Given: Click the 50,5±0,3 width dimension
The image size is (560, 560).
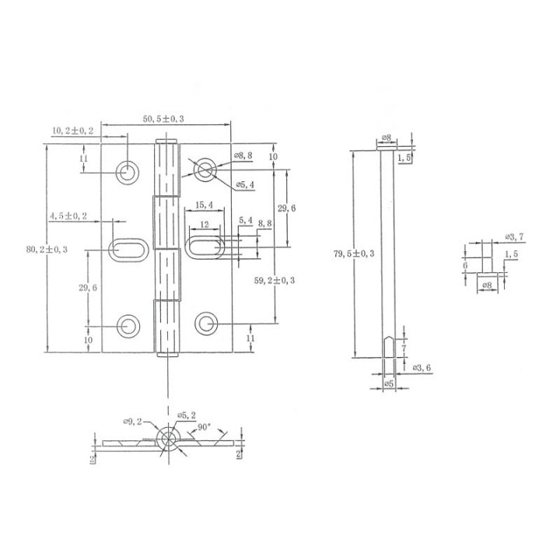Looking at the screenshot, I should pos(164,118).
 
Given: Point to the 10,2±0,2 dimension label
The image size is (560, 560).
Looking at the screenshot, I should pos(73,131).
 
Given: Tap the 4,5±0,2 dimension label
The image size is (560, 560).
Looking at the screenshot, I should pos(68,215).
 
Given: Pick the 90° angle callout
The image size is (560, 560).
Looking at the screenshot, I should pos(205,427).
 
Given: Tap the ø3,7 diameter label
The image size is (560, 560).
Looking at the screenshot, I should pos(514,236).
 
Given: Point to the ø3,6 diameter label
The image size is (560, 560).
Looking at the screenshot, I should pos(421,366).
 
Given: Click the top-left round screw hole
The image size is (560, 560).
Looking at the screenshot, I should pos(126,171).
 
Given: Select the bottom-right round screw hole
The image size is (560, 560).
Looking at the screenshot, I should pos(205,323).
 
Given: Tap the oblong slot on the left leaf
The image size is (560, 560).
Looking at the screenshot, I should pos(126,249).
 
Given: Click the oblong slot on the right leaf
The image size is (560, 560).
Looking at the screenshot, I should pos(204,249).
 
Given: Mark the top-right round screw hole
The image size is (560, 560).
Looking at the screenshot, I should pos(205,170).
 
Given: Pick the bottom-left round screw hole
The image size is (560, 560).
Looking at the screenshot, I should pos(126,324).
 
